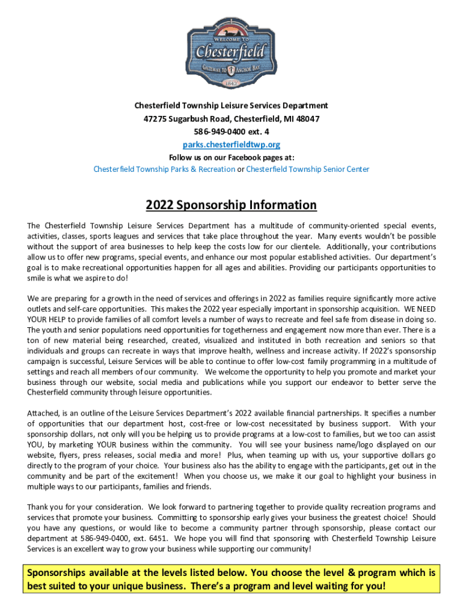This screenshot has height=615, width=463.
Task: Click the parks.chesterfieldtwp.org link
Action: pos(231,145)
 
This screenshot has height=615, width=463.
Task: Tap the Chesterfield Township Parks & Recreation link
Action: pos(164,169)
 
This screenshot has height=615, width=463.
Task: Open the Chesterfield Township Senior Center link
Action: pos(307,169)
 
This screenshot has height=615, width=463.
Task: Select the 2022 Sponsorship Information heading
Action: pos(231,205)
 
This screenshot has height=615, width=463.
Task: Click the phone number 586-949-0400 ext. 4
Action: pos(231,132)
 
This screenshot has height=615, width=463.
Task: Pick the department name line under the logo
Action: pos(231,106)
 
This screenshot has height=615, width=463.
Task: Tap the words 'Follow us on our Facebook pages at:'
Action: pos(231,157)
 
